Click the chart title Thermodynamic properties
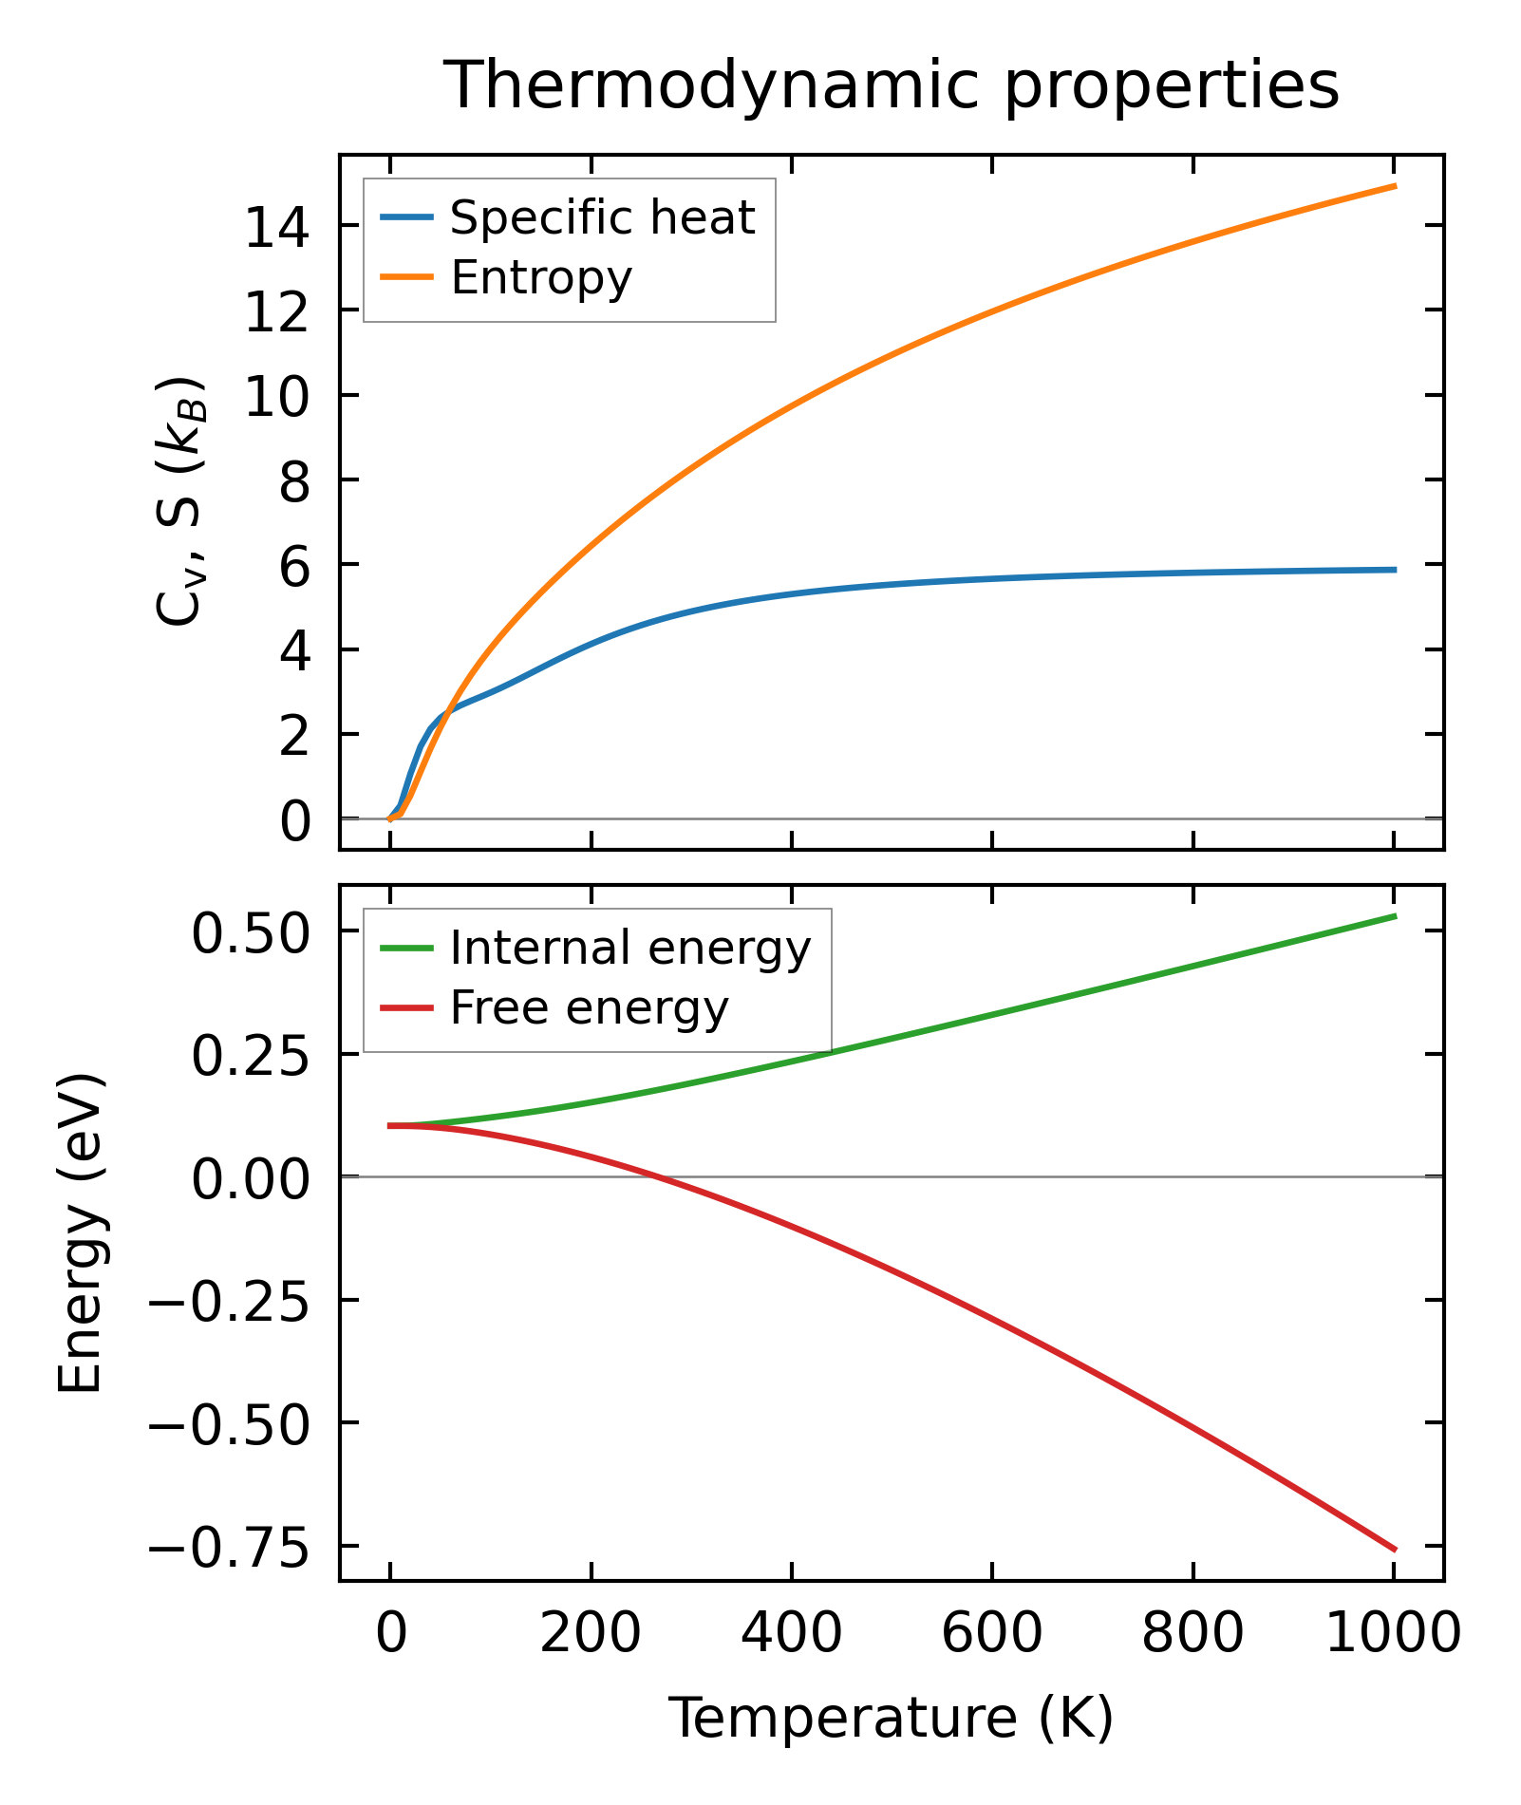point(892,86)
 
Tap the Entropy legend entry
point(540,278)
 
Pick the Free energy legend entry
point(589,1008)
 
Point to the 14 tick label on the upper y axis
point(277,228)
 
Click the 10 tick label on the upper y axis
point(277,397)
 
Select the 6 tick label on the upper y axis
point(294,566)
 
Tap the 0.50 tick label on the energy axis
point(251,933)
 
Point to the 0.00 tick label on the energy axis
point(251,1180)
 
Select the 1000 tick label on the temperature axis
point(1392,1635)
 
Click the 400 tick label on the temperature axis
point(791,1635)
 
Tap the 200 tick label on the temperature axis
point(591,1635)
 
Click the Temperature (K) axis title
point(892,1719)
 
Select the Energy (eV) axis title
point(81,1232)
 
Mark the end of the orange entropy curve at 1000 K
point(1394,186)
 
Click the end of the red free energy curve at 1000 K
point(1394,1550)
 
